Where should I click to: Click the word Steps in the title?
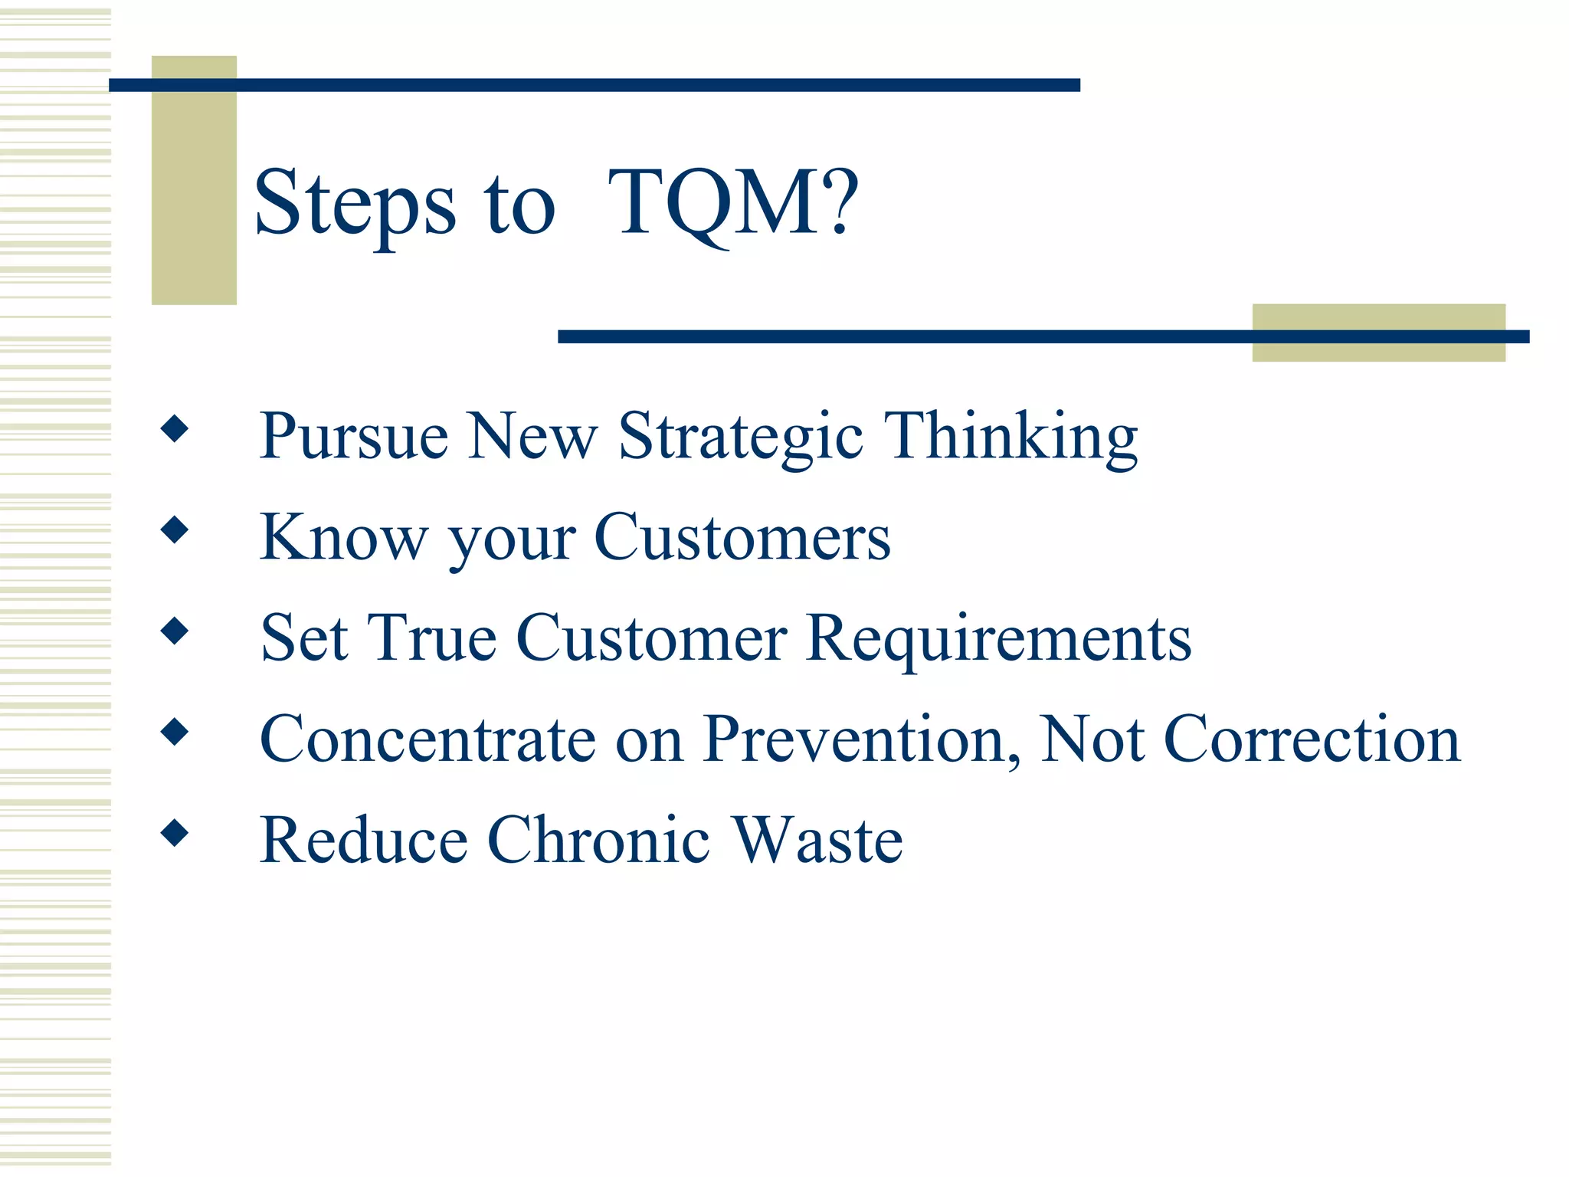coord(355,203)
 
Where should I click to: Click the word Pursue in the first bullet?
coord(353,436)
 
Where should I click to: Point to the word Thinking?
coord(1011,436)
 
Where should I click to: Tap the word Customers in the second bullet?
coord(742,537)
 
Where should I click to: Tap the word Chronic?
coord(598,840)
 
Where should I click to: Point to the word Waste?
coord(817,840)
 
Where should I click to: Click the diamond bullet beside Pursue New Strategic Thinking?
coord(175,428)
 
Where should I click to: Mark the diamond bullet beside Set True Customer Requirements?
coord(175,631)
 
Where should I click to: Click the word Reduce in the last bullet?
coord(363,840)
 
